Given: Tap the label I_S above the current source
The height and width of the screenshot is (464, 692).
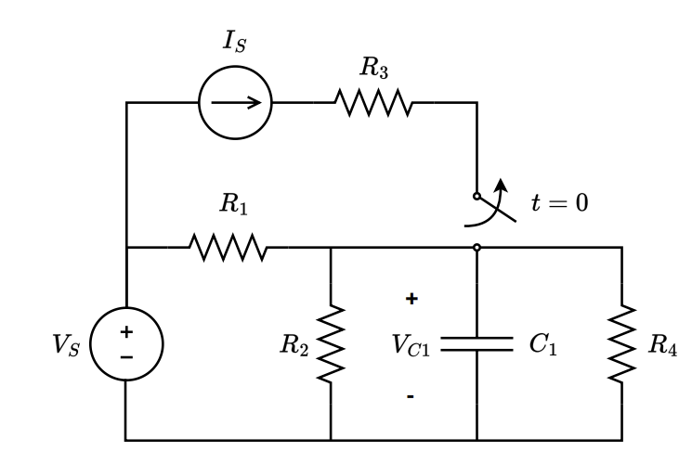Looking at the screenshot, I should coord(234,41).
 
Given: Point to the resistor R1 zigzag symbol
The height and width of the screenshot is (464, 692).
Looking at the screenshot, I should coord(228,248).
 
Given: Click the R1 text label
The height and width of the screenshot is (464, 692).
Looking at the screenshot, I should coord(233,205).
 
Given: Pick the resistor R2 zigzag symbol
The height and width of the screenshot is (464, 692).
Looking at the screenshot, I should coord(331,344).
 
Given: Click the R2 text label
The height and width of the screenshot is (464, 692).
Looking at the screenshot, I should coord(294,345).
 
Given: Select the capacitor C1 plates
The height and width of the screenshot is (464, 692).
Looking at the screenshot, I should coord(477,344).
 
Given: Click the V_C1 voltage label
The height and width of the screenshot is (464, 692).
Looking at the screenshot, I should coord(411,345).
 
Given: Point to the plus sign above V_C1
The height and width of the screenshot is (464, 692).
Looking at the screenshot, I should coord(411,299).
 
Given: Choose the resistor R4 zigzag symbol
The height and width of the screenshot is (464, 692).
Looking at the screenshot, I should coord(620,344).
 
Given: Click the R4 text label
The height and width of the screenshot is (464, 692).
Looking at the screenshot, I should coord(662,345).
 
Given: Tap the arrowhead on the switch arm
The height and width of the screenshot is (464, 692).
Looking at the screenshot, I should coord(502,184).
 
